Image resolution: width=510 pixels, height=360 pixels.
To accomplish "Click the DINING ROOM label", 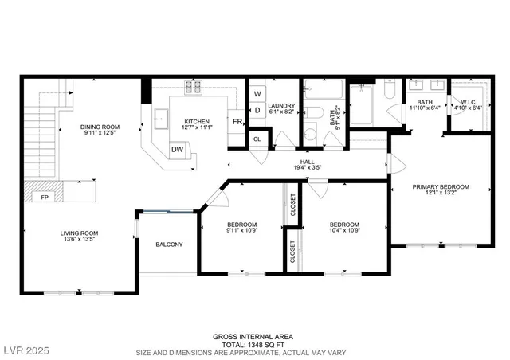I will click(x=100, y=127).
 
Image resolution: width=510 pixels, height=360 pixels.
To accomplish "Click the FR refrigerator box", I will click(x=237, y=122).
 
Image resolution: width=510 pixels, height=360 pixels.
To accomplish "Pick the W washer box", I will click(x=257, y=93).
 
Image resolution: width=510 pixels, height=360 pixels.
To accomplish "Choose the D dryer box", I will click(x=257, y=110).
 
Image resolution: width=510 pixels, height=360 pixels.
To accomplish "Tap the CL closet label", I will click(x=257, y=139).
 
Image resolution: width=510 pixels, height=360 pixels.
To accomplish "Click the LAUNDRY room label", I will click(x=281, y=106).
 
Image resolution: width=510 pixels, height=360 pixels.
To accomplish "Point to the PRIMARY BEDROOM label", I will click(x=440, y=186).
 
